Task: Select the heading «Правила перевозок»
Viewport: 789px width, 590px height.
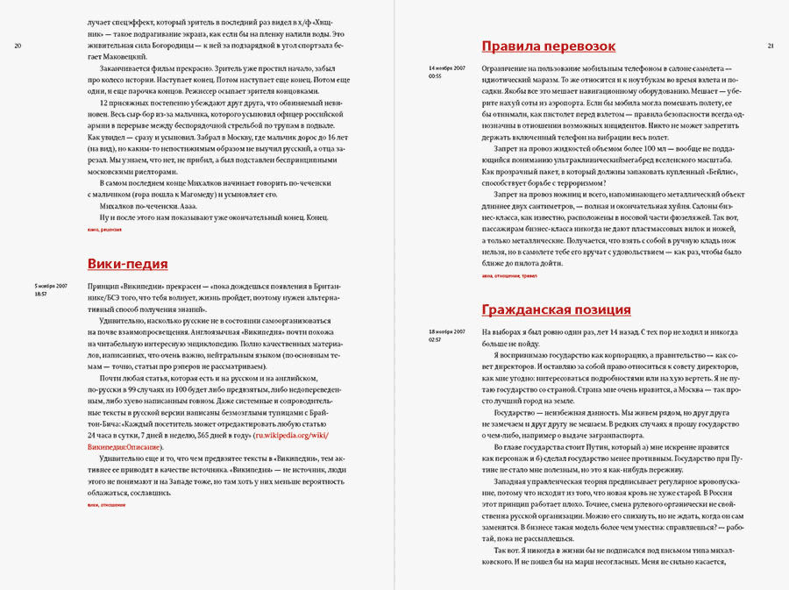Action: point(549,46)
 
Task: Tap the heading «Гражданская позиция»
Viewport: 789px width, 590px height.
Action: point(556,309)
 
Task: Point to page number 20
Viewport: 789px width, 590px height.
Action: point(18,46)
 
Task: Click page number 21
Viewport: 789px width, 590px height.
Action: point(771,46)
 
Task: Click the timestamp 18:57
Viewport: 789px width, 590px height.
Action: point(41,294)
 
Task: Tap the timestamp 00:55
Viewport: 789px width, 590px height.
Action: point(435,76)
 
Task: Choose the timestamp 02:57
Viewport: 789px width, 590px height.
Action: point(435,339)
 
